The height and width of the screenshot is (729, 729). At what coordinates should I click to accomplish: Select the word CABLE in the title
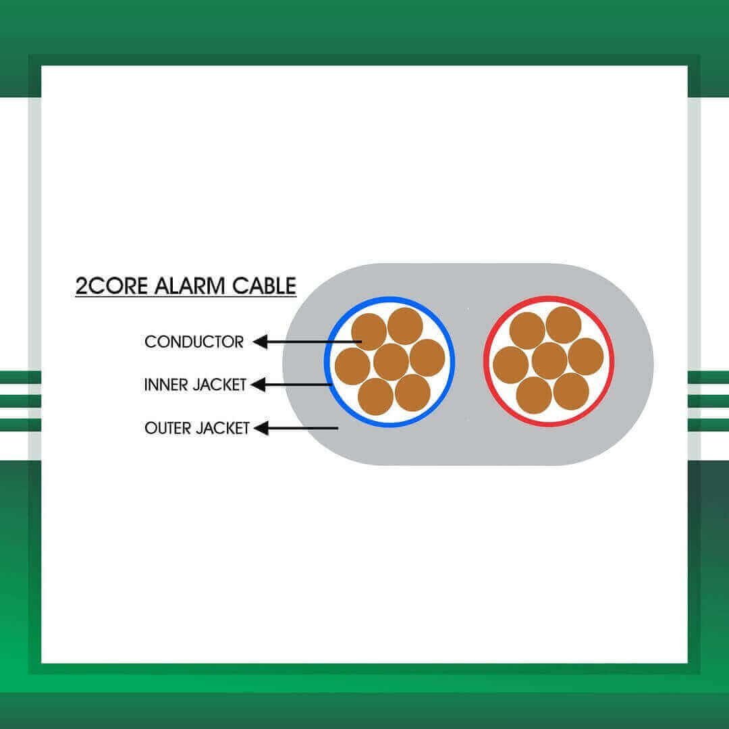coord(264,286)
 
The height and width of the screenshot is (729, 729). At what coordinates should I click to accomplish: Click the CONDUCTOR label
coord(194,342)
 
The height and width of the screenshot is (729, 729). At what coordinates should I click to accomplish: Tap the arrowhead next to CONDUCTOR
coord(260,342)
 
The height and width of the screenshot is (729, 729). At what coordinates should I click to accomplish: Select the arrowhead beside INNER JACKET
coord(258,385)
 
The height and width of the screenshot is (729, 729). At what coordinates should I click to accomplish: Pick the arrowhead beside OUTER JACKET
coord(261,428)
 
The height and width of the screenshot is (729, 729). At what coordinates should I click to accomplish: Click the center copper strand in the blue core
coord(391,362)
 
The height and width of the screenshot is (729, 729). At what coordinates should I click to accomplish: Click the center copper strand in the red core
coord(549,360)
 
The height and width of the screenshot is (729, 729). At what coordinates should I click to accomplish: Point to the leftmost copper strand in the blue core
coord(352,367)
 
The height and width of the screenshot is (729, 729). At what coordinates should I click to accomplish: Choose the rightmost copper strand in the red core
coord(586,356)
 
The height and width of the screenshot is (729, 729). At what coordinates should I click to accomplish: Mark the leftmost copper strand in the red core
coord(511,365)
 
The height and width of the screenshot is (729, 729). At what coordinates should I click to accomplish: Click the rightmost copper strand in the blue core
coord(427,358)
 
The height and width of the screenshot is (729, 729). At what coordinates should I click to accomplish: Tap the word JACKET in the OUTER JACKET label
coord(222,428)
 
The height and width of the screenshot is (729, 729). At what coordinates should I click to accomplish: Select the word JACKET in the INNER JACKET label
coord(219,385)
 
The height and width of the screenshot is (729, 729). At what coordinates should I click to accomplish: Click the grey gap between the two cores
coord(469,362)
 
